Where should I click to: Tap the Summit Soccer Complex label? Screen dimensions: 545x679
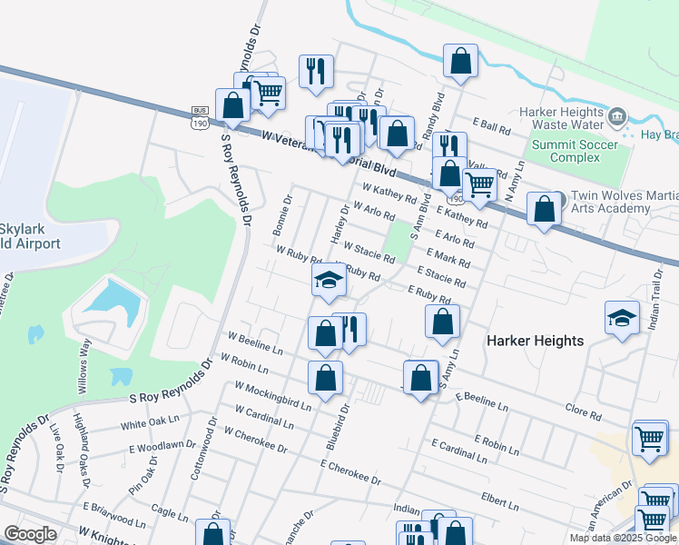coord(575,151)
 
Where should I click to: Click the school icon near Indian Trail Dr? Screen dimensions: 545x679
coord(622,319)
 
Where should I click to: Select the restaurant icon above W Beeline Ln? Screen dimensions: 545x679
coord(349,329)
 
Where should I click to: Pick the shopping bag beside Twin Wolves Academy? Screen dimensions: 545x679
coord(543,210)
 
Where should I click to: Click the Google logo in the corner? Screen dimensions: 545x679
coord(30,534)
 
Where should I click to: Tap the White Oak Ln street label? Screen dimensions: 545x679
coord(151,422)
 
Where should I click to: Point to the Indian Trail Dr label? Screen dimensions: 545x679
coord(658,284)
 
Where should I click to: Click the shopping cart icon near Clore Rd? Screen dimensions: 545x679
coord(650,439)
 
